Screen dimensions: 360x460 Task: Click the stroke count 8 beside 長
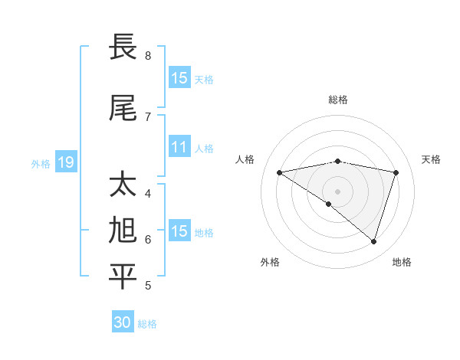coord(148,56)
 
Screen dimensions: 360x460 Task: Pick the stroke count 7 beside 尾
coord(148,116)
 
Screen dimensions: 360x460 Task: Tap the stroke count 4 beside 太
coord(148,193)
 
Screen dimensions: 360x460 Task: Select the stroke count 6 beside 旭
coord(148,240)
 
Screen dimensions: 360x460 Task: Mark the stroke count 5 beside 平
coord(148,286)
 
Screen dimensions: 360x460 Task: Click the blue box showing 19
coord(65,162)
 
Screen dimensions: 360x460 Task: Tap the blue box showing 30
coord(123,322)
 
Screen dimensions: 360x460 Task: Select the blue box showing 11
coord(179,147)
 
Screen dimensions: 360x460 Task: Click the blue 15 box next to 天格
coord(179,78)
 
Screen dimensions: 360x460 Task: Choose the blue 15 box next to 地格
coord(179,231)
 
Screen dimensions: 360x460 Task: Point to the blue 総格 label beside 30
coord(148,324)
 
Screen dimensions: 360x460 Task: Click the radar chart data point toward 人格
coord(280,172)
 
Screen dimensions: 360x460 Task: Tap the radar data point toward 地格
coord(373,241)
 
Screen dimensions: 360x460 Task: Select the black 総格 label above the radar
coord(337,100)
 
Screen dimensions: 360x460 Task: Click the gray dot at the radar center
coord(337,190)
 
